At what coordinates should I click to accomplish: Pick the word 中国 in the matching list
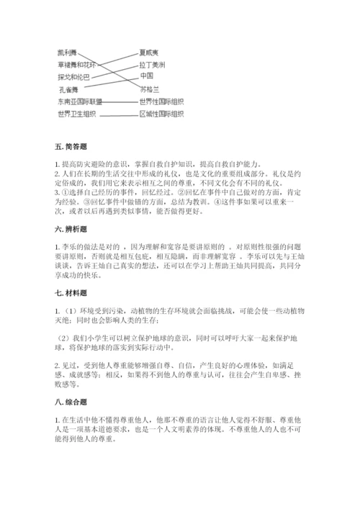147,76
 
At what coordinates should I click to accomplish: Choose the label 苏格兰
148,89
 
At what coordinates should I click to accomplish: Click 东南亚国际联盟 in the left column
79,102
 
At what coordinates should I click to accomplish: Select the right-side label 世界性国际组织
161,102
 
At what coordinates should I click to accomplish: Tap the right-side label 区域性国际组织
161,114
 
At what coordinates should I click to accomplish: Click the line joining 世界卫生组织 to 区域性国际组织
119,114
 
